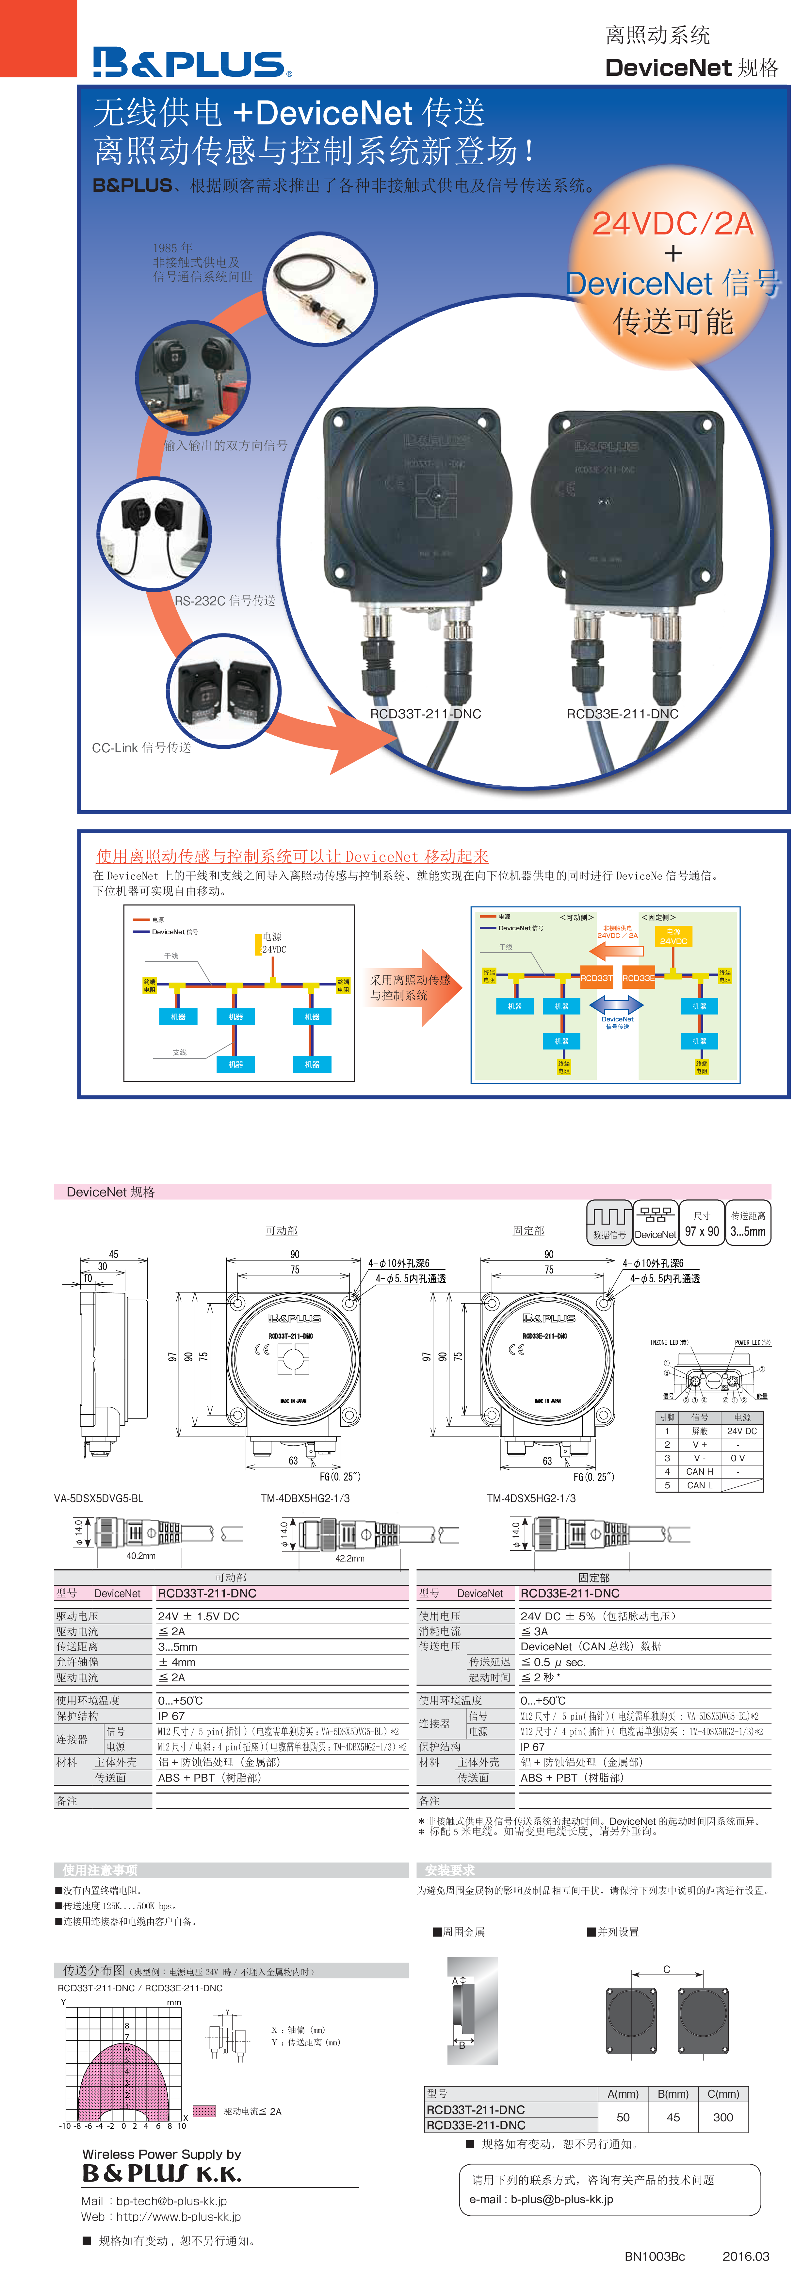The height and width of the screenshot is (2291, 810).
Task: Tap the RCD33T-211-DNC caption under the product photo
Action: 425,713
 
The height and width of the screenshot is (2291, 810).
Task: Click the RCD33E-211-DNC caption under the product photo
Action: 623,713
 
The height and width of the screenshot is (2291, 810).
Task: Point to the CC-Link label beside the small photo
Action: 141,748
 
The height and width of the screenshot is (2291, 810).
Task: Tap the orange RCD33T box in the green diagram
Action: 597,977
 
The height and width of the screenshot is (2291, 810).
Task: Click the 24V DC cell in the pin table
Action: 741,1431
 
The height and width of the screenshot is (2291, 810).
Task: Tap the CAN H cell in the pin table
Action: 700,1472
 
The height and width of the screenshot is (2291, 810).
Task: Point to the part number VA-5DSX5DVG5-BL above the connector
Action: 99,1498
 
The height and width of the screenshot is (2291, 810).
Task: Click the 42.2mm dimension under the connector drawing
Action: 349,1558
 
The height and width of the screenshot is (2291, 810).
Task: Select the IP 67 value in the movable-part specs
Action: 171,1716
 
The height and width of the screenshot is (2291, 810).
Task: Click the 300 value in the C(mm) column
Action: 723,2118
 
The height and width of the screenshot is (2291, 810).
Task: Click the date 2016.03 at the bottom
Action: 745,2256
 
